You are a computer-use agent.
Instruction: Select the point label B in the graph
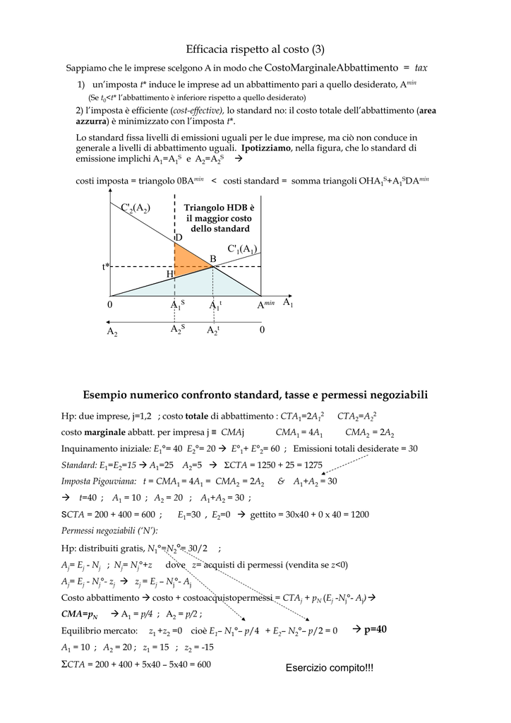(213, 259)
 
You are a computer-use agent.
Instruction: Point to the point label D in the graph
(179, 238)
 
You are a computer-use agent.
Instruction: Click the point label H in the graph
(169, 273)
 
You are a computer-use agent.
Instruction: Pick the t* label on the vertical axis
(106, 267)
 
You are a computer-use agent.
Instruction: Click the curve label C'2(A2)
(136, 208)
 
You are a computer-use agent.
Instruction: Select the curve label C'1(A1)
(242, 249)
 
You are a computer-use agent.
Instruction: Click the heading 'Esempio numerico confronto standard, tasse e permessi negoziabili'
(255, 394)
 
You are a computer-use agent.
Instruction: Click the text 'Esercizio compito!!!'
(330, 668)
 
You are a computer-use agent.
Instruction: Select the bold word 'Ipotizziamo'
(266, 149)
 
